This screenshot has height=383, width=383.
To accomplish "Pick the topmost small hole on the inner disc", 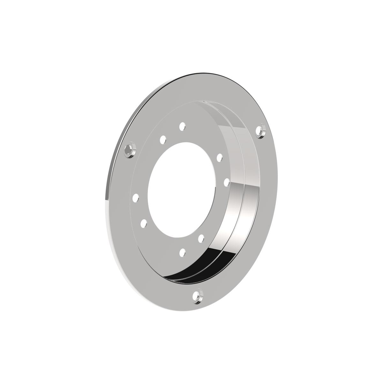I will [x=182, y=126].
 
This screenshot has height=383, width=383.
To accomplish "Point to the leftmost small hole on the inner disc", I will [x=136, y=198].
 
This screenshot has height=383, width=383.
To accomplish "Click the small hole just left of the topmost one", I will [x=163, y=139].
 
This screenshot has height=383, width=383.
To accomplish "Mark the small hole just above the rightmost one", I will [x=219, y=157].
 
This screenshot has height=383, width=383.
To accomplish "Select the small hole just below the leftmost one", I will [x=144, y=223].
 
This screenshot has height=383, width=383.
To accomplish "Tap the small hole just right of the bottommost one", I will [x=201, y=238].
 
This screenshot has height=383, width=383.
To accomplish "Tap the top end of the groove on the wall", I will [x=204, y=103].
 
